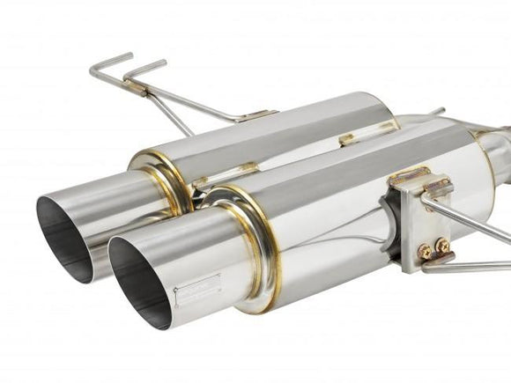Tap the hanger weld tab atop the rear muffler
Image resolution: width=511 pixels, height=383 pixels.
256,116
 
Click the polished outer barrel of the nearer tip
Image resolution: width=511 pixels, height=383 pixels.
203,264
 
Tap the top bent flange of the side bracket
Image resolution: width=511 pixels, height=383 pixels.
421,177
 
